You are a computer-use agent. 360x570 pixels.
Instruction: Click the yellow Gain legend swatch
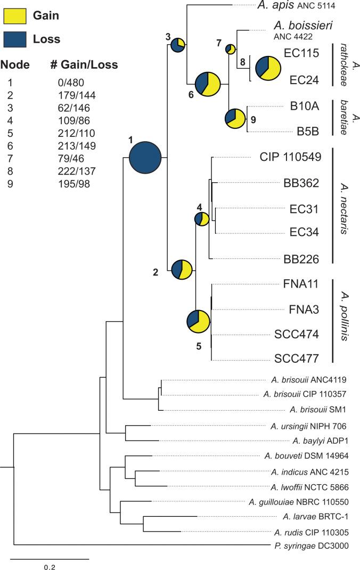15,15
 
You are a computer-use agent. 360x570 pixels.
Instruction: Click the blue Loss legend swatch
15,38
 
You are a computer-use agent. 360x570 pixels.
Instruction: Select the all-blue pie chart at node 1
145,158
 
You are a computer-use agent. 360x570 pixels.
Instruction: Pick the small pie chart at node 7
231,50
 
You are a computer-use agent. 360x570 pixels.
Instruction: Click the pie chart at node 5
199,322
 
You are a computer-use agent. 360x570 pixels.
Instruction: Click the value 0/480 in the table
71,83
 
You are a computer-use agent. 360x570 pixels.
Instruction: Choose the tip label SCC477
297,357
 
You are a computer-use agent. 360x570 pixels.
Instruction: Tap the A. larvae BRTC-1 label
316,516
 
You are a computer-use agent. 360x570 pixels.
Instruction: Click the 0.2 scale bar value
49,567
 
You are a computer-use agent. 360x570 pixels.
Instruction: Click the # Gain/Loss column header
84,65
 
